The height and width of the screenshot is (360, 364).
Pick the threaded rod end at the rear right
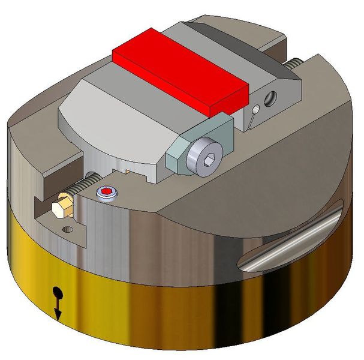pyautogui.click(x=292, y=63)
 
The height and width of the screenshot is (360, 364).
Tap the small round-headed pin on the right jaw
pyautogui.click(x=256, y=110)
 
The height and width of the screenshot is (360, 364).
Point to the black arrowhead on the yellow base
pyautogui.click(x=58, y=314)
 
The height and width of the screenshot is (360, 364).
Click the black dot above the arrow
pyautogui.click(x=58, y=293)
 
